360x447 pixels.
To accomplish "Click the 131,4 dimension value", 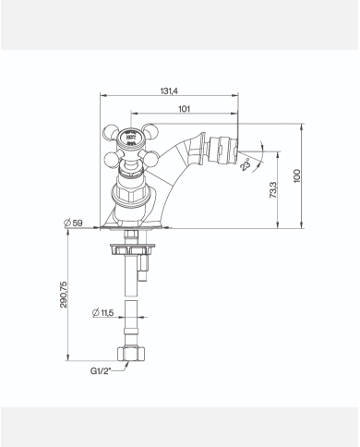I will click(168, 91).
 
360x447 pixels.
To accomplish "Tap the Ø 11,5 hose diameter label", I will click(103, 314).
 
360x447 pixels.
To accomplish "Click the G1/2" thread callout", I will click(103, 370).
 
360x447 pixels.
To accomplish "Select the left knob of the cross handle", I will click(108, 139).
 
